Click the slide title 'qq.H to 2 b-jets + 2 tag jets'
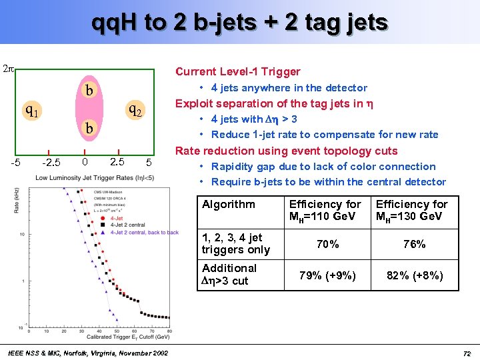(240, 23)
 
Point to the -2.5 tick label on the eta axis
(51, 163)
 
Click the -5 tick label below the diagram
(15, 163)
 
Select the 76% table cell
(414, 245)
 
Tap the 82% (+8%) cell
(414, 275)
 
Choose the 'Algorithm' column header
(228, 205)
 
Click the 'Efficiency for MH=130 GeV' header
(412, 211)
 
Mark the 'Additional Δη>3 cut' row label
(229, 275)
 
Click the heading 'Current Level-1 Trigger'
(237, 72)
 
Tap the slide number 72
(467, 353)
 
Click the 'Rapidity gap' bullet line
(323, 167)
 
